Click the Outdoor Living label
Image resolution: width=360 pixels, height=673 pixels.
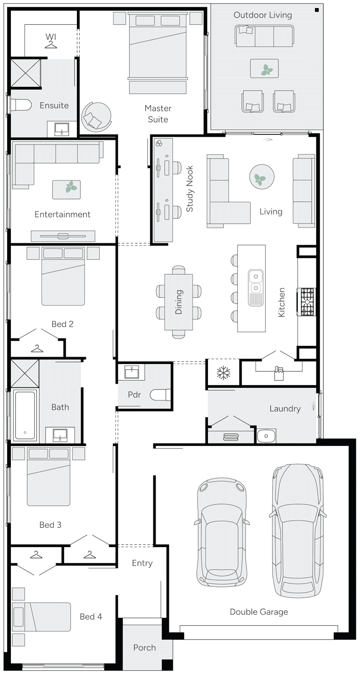[263, 15]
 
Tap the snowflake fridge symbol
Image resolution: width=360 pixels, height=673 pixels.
[224, 373]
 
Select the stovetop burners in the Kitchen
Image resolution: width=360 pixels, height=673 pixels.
[308, 302]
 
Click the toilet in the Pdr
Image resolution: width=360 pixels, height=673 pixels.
[160, 395]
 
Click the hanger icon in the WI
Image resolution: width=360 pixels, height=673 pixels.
[51, 45]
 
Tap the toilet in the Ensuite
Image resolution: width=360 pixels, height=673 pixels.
[21, 105]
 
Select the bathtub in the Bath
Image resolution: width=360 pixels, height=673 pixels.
[25, 415]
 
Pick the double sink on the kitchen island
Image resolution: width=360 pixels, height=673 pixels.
[255, 281]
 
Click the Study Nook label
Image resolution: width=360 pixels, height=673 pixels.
[190, 189]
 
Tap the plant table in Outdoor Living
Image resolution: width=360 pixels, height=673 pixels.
[264, 69]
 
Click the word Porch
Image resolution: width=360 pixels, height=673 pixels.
[144, 648]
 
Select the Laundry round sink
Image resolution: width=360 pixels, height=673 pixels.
[265, 436]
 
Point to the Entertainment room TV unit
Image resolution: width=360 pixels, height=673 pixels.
[63, 236]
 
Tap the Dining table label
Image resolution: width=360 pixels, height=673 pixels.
[179, 302]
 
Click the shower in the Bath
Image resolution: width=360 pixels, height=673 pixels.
[25, 373]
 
